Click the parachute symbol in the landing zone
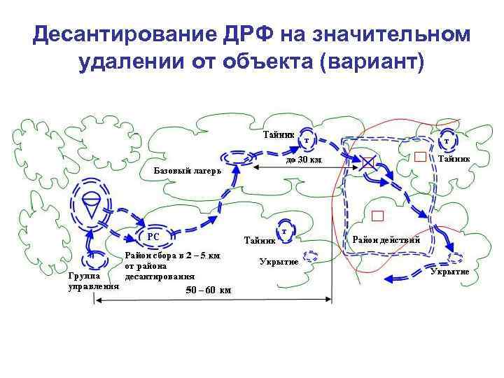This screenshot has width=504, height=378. [x=92, y=204]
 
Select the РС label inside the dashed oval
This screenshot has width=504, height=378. [x=153, y=237]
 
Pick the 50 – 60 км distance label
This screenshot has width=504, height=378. [x=209, y=290]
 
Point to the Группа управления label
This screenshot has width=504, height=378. [x=88, y=281]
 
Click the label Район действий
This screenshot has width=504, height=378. [x=386, y=240]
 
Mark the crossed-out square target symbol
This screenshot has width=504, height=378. [x=368, y=163]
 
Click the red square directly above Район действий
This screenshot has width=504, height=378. [x=378, y=215]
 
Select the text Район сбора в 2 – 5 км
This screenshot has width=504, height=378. [x=172, y=255]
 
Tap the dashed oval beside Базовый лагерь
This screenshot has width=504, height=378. [x=237, y=158]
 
